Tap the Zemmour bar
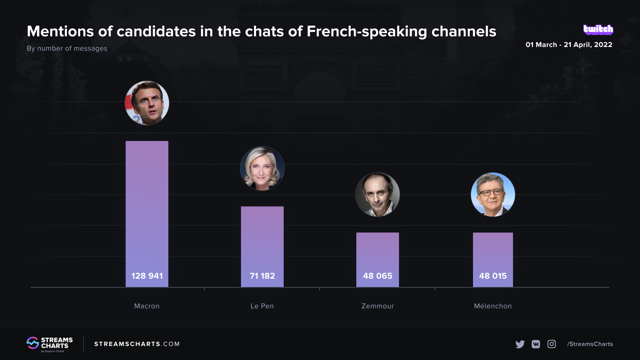pos(377,253)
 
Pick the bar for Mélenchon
pos(493,253)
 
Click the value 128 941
pos(147,276)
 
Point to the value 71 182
pos(262,276)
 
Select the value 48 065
pos(378,276)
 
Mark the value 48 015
pos(493,276)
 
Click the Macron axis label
pos(147,306)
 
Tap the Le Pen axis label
pos(262,306)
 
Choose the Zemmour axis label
pos(378,306)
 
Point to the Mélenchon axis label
pos(493,306)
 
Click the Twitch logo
pos(598,30)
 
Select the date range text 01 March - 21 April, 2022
pos(569,45)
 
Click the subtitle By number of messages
pos(67,48)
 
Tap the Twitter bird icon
pos(520,344)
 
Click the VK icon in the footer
pos(536,344)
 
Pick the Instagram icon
pos(552,344)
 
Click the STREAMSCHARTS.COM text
pos(137,344)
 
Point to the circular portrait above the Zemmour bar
pos(377,194)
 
